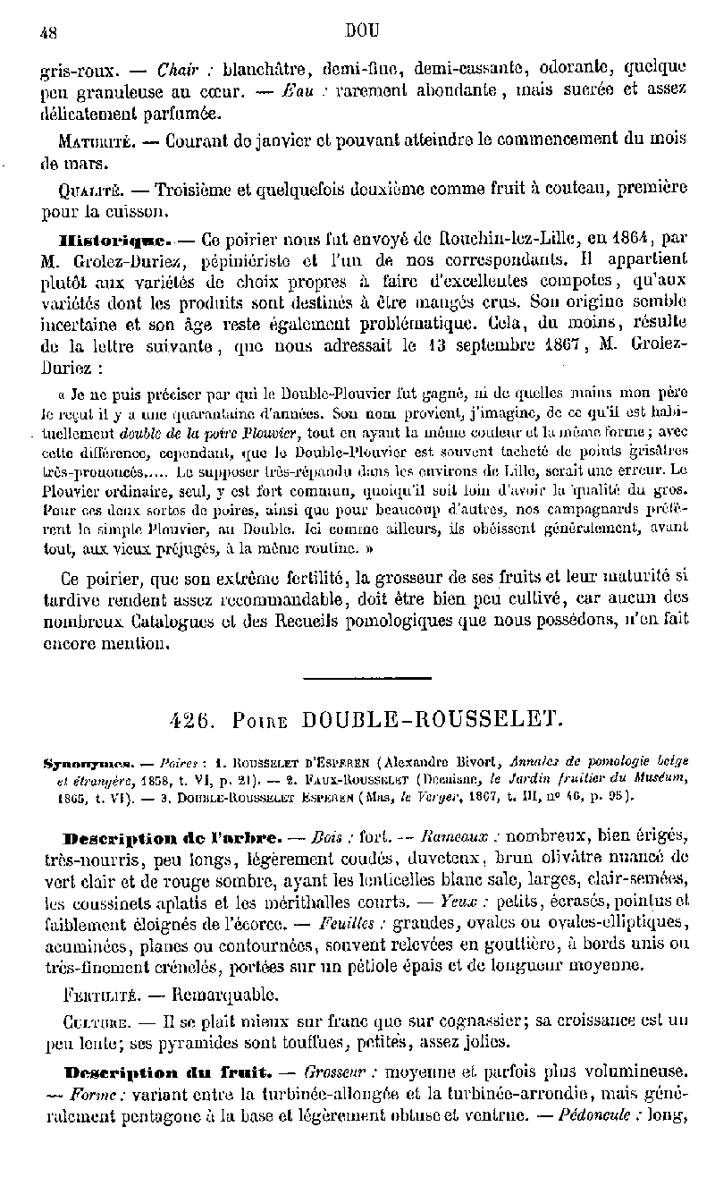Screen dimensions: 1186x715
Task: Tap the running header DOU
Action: point(362,30)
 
